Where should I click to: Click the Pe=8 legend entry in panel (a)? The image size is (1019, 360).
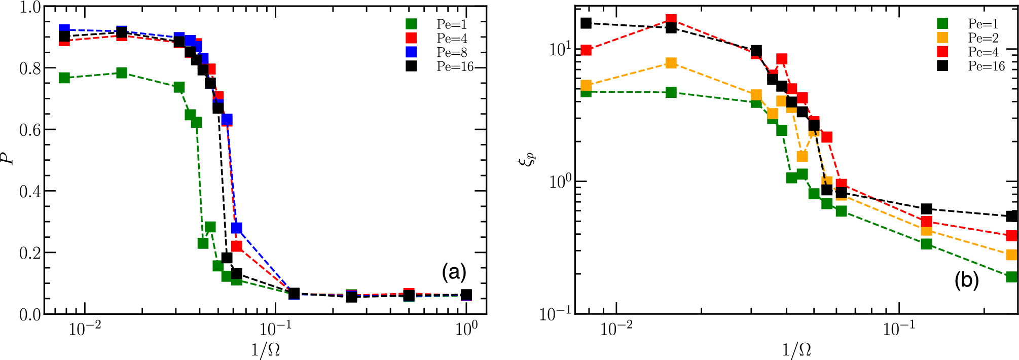point(451,52)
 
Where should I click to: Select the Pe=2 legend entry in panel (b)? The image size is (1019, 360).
point(982,38)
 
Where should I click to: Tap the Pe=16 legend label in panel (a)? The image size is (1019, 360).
point(455,66)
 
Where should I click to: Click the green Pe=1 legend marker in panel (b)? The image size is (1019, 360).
point(942,23)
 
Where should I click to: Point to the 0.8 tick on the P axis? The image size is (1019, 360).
point(30,68)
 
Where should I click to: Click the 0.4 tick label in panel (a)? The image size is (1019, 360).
point(30,192)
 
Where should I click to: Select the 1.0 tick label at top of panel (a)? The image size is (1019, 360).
point(30,8)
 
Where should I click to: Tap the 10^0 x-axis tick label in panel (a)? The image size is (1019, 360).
point(466,329)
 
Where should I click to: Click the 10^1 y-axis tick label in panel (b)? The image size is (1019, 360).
point(560,49)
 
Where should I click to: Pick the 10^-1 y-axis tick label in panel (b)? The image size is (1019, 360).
point(555,314)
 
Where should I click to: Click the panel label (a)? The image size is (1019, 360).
point(454,272)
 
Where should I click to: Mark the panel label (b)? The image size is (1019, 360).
point(966,280)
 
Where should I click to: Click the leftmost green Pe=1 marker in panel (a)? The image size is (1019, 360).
point(64,78)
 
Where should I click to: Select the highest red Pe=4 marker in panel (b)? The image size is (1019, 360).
point(671,20)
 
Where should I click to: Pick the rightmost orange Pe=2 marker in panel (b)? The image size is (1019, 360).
point(1011,255)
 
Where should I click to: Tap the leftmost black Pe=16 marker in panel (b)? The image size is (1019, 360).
point(586,23)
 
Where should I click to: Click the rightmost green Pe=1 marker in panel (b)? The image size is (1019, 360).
point(1011,277)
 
